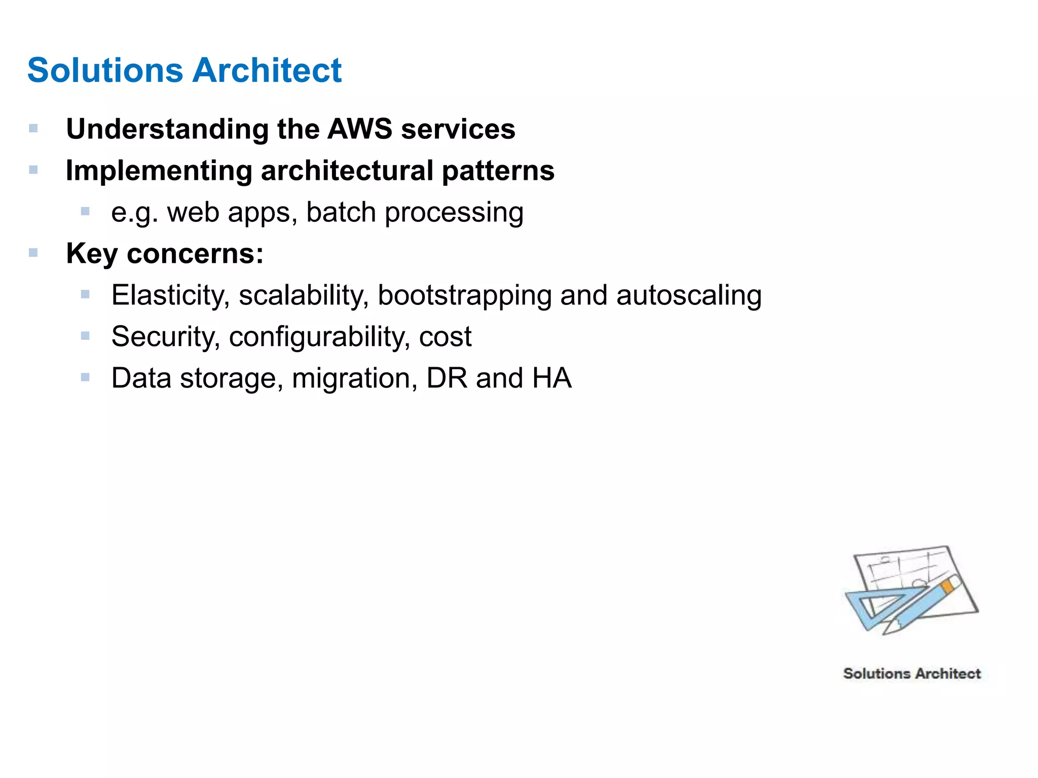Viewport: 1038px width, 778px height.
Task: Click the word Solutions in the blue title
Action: point(105,70)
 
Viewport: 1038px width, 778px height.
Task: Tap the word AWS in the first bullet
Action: point(359,129)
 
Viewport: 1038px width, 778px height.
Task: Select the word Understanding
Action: point(167,129)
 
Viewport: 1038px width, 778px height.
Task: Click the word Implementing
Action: point(159,171)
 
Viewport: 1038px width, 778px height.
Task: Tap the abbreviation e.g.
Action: point(134,213)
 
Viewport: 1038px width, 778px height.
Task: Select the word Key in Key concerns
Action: point(92,253)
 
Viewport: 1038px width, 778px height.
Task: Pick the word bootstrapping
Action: point(464,295)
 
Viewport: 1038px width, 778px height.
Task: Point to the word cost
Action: point(445,337)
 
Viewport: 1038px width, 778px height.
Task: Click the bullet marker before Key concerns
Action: point(33,253)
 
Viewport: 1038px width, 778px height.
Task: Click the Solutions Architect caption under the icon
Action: point(912,674)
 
